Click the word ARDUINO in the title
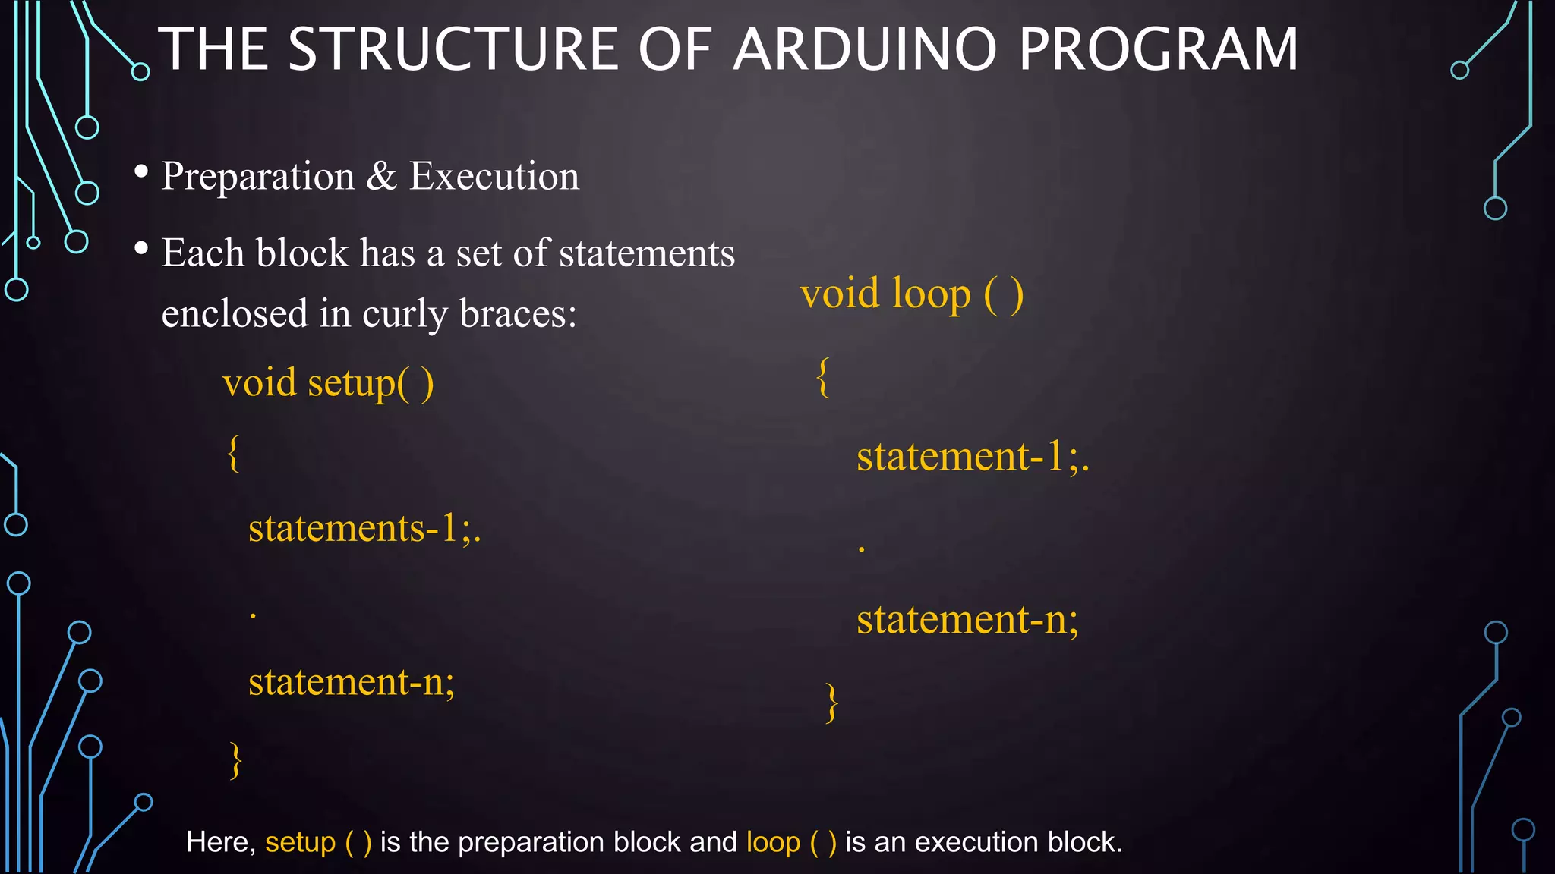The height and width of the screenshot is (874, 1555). [865, 49]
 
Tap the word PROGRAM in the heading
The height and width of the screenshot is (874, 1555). [1159, 49]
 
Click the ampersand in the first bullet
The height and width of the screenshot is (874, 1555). [382, 176]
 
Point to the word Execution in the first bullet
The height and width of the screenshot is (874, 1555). [494, 176]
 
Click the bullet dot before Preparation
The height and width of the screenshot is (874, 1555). [141, 172]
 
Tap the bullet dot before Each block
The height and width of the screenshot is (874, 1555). [141, 248]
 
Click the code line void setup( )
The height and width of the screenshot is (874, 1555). [328, 382]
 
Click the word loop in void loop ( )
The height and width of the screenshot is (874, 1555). [931, 294]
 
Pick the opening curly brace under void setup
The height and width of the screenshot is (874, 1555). [234, 454]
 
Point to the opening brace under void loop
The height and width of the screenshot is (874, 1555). [823, 377]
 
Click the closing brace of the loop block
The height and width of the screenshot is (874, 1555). [832, 703]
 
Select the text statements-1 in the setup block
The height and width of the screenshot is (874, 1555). [353, 528]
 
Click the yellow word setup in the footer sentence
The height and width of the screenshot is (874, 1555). [300, 842]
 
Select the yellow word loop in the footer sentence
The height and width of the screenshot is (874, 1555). [773, 842]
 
